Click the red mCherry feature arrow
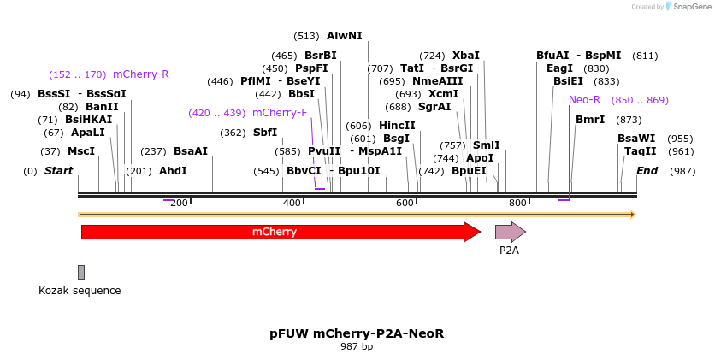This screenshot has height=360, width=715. (x=281, y=232)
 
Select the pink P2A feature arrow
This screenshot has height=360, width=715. (x=510, y=231)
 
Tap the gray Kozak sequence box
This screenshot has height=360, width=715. (x=81, y=272)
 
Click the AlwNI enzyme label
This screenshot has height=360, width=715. (x=345, y=36)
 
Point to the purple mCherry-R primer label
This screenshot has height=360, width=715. (x=141, y=74)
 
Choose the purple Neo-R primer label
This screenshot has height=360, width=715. (x=584, y=100)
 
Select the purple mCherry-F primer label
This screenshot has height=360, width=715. (x=280, y=113)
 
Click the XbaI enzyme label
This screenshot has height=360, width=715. (x=466, y=56)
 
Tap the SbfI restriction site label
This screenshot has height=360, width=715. (x=265, y=133)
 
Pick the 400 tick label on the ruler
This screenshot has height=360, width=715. (x=292, y=203)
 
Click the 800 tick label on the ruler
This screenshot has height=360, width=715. (x=517, y=203)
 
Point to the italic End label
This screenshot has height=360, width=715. (x=647, y=171)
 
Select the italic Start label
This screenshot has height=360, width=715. (x=59, y=171)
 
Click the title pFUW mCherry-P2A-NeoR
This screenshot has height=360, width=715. (x=357, y=333)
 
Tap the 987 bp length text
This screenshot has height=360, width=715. (x=357, y=346)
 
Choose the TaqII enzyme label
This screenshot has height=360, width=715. (x=641, y=151)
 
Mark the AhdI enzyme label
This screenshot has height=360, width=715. (x=173, y=171)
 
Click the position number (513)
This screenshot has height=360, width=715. (x=306, y=36)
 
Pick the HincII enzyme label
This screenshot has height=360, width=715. (x=397, y=126)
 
